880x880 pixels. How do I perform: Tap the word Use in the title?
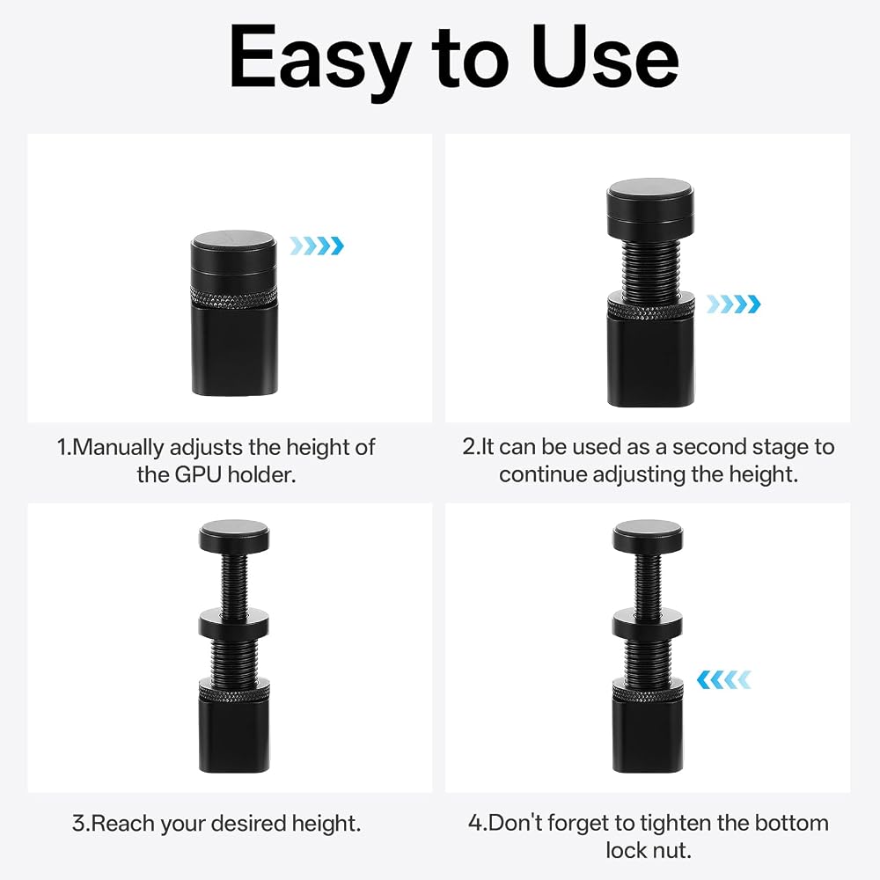(x=605, y=58)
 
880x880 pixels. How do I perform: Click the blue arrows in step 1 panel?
(x=317, y=246)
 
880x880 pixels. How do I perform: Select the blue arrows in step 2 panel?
(x=734, y=304)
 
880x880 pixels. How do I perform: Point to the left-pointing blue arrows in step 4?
(x=723, y=679)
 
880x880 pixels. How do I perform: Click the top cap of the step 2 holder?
(x=650, y=208)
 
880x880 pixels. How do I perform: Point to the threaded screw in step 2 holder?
(x=650, y=266)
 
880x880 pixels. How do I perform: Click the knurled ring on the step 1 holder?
(x=235, y=295)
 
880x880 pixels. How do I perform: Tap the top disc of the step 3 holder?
(x=234, y=536)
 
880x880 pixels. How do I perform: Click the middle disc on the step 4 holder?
(x=648, y=622)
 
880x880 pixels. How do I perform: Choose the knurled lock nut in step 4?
(x=648, y=691)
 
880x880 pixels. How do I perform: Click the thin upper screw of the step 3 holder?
(x=234, y=582)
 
